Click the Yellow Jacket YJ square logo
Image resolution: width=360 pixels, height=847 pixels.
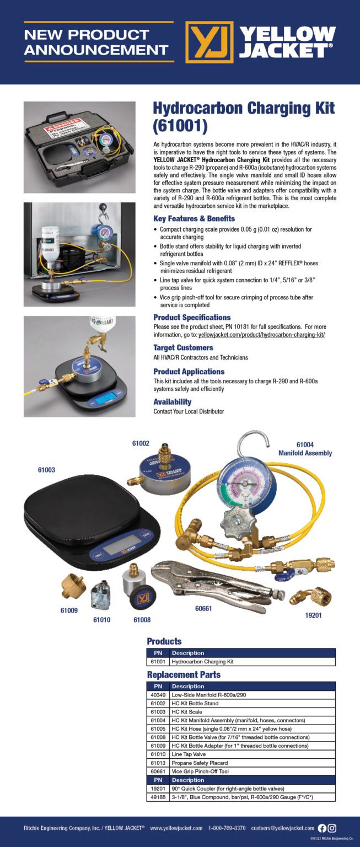tap(209, 42)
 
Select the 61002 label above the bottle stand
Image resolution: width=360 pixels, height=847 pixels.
tap(141, 443)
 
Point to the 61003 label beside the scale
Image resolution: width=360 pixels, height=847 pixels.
tap(46, 469)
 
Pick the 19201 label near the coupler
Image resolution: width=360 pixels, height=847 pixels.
tap(314, 614)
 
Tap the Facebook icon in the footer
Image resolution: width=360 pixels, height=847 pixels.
tap(323, 828)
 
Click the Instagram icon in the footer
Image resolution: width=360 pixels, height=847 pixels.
tap(332, 828)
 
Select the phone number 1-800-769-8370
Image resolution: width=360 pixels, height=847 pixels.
tap(227, 828)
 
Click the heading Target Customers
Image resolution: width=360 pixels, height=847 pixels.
tap(183, 347)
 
